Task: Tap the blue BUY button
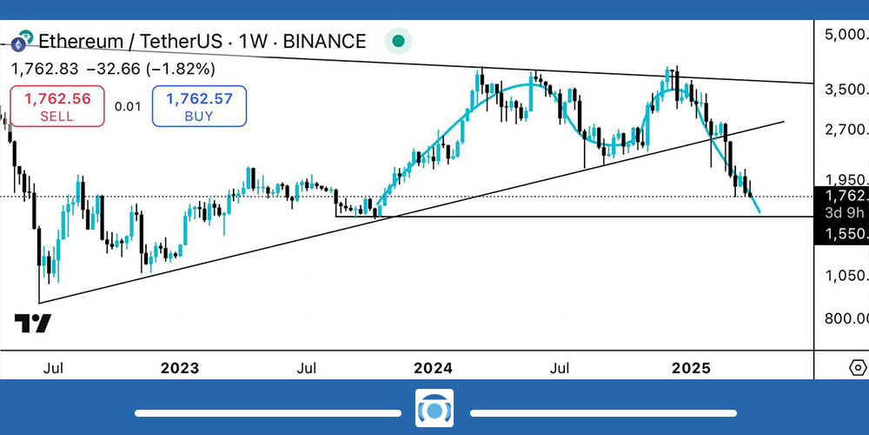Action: pos(199,106)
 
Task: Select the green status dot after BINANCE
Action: pos(397,41)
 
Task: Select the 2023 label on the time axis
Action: pos(181,368)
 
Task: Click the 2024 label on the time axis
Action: pos(433,368)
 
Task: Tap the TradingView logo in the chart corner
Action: pos(33,324)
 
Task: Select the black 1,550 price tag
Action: pos(841,234)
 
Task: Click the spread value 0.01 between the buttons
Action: pos(127,106)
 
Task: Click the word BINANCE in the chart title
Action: pos(326,41)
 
